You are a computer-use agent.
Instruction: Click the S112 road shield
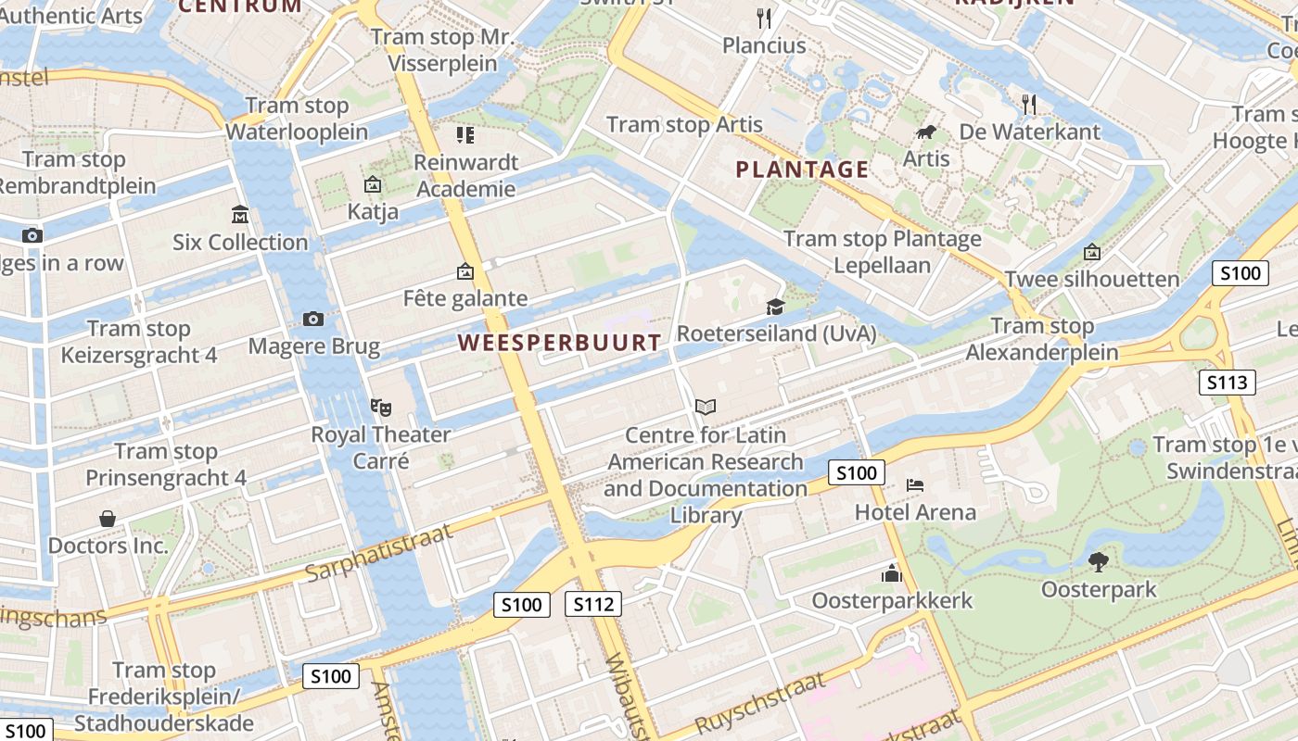[593, 605]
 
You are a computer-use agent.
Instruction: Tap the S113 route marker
[1227, 383]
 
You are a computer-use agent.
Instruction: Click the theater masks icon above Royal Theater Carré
[379, 407]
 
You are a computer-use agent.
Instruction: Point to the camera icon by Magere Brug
[313, 320]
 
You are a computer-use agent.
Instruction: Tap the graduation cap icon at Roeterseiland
[775, 307]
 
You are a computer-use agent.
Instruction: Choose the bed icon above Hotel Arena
[915, 485]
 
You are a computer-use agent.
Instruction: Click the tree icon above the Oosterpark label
[1099, 561]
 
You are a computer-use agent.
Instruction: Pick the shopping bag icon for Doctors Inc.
[108, 519]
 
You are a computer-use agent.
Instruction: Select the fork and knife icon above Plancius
[764, 18]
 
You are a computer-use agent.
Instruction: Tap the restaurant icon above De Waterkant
[1029, 104]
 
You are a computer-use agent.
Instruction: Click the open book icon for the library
[706, 407]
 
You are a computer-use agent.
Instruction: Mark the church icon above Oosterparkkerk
[892, 573]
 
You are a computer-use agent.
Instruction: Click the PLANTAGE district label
[802, 170]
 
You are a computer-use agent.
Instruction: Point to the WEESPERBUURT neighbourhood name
[560, 343]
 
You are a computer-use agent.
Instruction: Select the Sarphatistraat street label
[378, 553]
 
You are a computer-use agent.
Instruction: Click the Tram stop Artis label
[684, 125]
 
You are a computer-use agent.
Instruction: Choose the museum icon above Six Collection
[240, 215]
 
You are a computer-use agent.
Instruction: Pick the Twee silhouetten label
[1092, 279]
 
